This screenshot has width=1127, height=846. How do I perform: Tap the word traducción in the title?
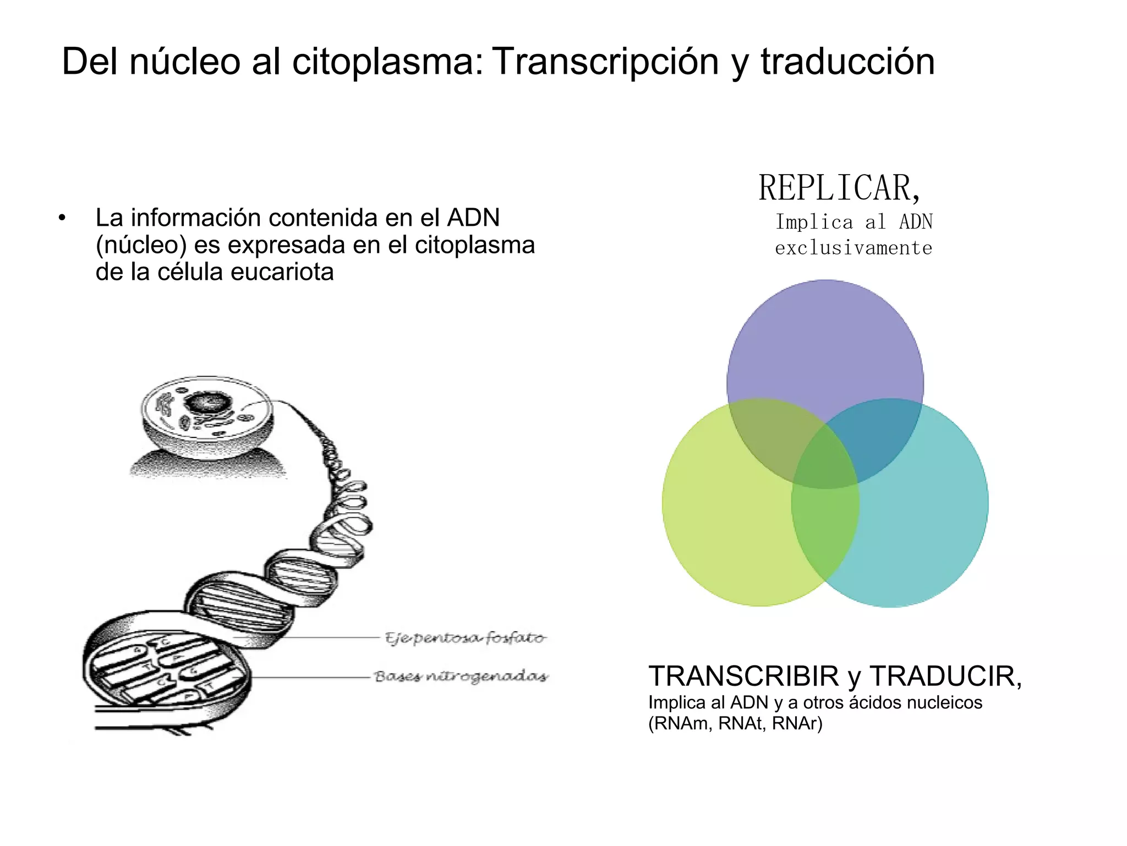pyautogui.click(x=847, y=62)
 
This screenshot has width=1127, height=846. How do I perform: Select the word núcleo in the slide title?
pyautogui.click(x=185, y=62)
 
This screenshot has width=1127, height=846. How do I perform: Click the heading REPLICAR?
pyautogui.click(x=839, y=188)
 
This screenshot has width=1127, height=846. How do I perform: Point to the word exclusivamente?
pyautogui.click(x=854, y=248)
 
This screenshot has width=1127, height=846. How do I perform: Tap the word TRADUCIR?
pyautogui.click(x=945, y=676)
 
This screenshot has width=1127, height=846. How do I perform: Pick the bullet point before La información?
pyautogui.click(x=62, y=218)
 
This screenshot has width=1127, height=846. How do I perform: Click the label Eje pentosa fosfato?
pyautogui.click(x=465, y=638)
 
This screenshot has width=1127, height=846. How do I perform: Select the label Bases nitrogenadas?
pyautogui.click(x=461, y=676)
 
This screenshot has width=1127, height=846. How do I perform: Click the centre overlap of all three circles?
pyautogui.click(x=825, y=457)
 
